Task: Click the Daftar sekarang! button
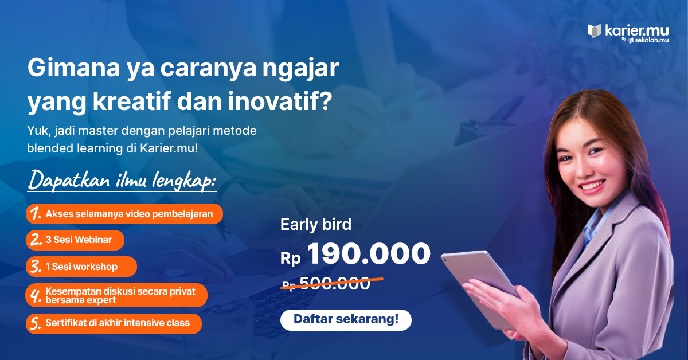[x=346, y=320]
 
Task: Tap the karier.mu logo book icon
[x=595, y=31]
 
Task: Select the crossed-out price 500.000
[x=334, y=283]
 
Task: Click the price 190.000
[x=369, y=253]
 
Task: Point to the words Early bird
[x=316, y=224]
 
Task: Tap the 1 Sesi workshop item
[x=81, y=267]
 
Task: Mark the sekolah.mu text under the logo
[x=651, y=40]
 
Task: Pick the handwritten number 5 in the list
[x=36, y=323]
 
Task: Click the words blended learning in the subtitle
[x=75, y=148]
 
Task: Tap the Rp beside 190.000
[x=290, y=259]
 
